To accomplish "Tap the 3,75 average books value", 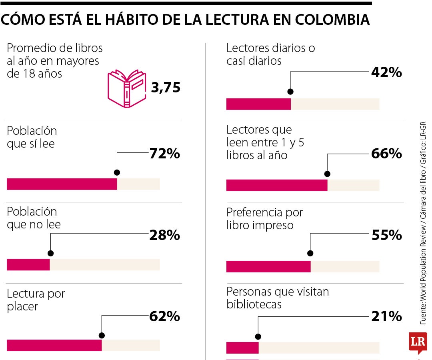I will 166,87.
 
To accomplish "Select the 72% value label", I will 164,154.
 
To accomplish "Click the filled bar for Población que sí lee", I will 62,184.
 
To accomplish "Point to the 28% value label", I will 164,235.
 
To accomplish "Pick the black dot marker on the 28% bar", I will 50,253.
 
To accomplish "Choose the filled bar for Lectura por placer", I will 54,345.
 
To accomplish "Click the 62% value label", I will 164,316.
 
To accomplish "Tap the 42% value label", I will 386,72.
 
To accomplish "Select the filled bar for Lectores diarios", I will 258,104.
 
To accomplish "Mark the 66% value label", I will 386,154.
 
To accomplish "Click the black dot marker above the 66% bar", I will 327,174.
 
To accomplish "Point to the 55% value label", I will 386,235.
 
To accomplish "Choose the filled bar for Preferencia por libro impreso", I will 268,266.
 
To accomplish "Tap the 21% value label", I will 386,316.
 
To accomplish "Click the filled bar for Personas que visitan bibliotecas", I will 242,348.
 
